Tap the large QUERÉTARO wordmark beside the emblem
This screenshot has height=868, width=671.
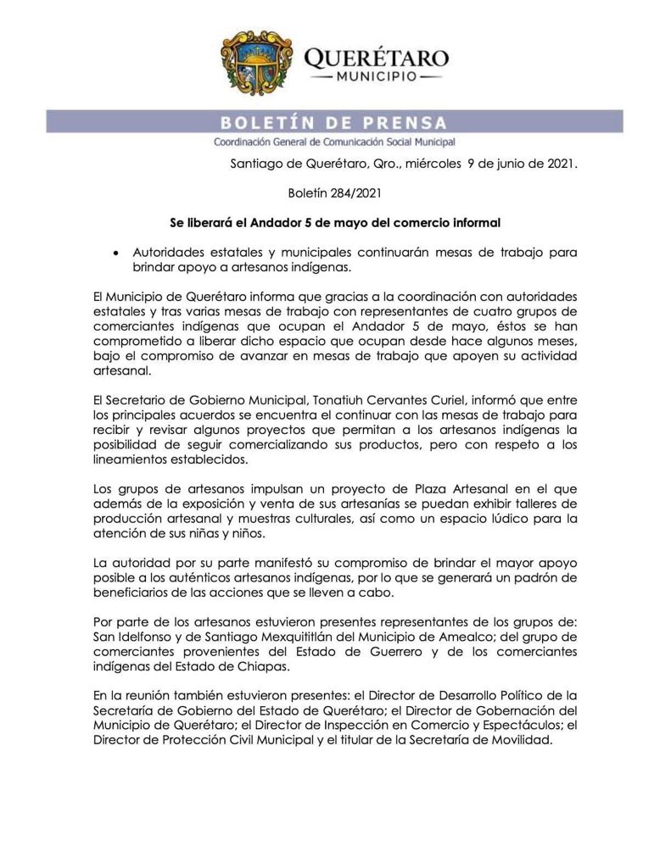(x=376, y=58)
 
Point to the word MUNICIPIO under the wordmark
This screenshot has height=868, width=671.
(x=375, y=78)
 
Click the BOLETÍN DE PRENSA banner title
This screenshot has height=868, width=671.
(x=333, y=122)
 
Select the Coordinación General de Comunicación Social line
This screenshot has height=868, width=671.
(x=334, y=142)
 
